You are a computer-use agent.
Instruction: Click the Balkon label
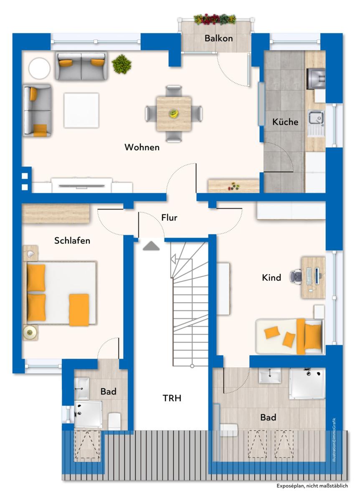[x=218, y=38]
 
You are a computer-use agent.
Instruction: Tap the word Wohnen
[x=142, y=147]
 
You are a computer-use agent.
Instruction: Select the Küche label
[x=286, y=122]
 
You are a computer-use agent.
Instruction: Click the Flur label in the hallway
[x=170, y=218]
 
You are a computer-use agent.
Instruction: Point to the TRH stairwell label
[x=172, y=398]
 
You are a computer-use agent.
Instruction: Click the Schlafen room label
[x=72, y=240]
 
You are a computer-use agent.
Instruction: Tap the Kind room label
[x=271, y=277]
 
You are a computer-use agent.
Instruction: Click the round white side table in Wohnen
[x=39, y=68]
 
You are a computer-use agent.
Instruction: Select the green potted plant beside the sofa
[x=122, y=64]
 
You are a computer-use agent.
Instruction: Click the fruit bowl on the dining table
[x=173, y=113]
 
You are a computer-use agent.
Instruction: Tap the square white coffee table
[x=81, y=110]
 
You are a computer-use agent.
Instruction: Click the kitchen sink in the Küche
[x=316, y=119]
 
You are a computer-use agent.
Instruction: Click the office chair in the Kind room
[x=296, y=277]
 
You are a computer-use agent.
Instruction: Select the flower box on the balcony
[x=215, y=19]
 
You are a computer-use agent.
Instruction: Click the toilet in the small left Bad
[x=114, y=421]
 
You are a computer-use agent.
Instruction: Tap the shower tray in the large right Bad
[x=307, y=383]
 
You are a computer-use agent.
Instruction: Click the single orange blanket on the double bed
[x=79, y=310]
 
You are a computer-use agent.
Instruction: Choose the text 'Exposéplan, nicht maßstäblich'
[x=312, y=486]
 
